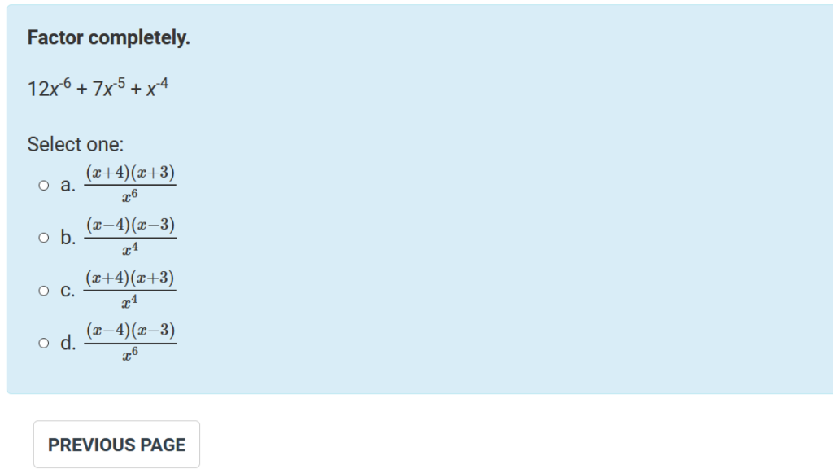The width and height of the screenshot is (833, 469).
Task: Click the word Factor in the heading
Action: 55,38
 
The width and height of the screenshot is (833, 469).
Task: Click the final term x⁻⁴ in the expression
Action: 157,88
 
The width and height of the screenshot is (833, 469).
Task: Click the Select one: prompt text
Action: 76,145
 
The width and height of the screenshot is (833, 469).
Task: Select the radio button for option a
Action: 44,186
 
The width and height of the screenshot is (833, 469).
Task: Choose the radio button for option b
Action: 44,239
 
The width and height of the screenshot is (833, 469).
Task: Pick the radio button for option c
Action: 44,291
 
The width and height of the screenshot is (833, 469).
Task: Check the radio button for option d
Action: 44,344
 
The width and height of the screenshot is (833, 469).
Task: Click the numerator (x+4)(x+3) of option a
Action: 130,173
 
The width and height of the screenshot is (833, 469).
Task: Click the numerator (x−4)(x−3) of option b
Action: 130,226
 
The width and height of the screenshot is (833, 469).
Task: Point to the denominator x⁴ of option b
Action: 130,249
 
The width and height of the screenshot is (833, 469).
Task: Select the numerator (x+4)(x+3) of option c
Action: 130,278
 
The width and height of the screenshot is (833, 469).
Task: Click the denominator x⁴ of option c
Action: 130,302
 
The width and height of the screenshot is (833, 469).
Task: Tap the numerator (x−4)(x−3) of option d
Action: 130,331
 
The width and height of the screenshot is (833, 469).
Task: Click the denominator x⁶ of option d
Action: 130,354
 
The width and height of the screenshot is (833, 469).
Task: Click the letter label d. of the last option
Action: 68,344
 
